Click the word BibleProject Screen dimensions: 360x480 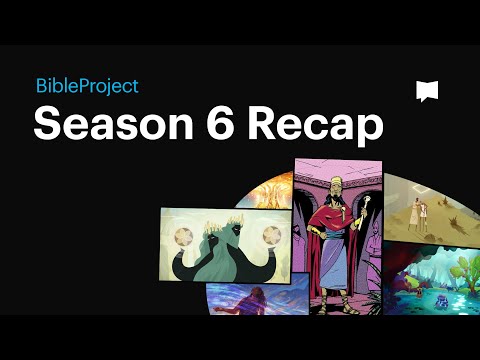(x=86, y=87)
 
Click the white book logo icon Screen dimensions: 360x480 (x=427, y=91)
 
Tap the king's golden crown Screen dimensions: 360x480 (x=339, y=179)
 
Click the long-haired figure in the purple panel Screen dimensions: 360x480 (x=240, y=299)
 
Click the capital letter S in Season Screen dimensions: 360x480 (x=47, y=127)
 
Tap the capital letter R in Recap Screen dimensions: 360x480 (x=261, y=127)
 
